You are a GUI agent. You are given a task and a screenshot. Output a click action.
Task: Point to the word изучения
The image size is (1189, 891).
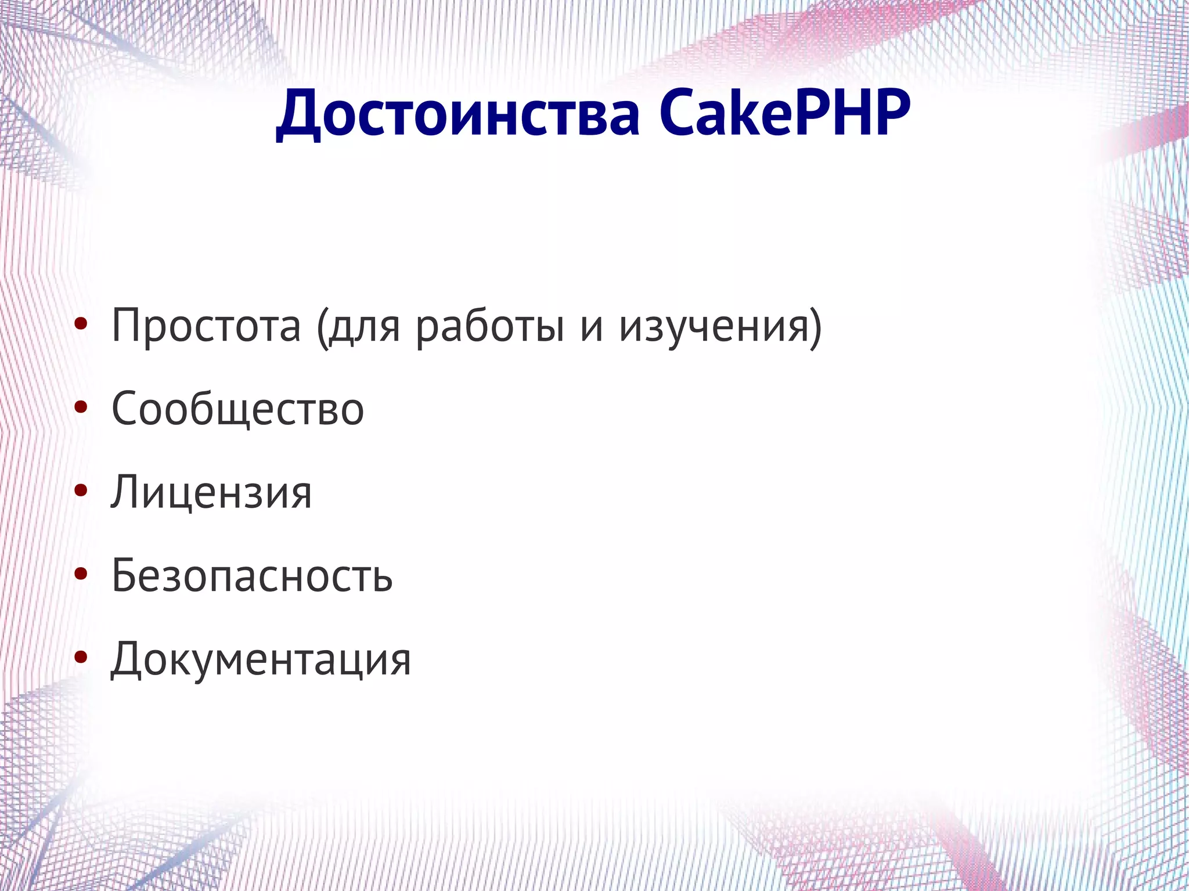[x=714, y=326]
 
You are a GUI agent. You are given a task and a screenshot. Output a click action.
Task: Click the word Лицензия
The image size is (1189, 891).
[x=211, y=493]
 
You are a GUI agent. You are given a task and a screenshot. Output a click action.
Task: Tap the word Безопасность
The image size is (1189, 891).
[x=252, y=576]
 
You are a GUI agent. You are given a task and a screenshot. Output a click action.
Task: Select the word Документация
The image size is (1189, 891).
[x=261, y=659]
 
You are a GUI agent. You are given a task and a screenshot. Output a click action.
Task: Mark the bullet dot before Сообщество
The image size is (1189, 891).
[x=81, y=407]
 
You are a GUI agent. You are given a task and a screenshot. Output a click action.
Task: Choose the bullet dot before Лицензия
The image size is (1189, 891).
[x=81, y=490]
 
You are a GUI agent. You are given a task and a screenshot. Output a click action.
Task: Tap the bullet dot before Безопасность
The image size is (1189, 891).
[x=81, y=573]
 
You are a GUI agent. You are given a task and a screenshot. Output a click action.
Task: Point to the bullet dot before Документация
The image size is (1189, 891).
[x=81, y=657]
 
